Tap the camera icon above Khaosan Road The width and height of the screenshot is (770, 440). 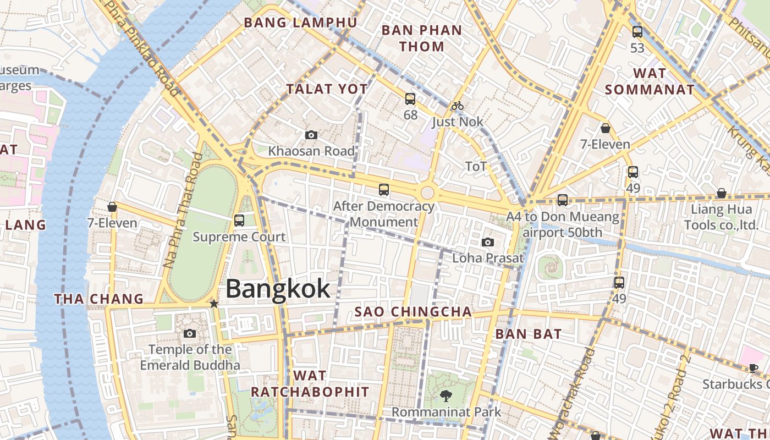click(311, 135)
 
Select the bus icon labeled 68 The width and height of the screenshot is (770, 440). click(410, 99)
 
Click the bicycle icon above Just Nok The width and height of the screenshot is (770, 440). click(458, 106)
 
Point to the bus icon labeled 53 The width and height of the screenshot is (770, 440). click(637, 32)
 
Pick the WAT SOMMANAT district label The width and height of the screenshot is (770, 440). click(650, 81)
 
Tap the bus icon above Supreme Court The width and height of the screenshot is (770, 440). click(239, 221)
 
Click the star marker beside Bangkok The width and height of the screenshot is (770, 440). click(214, 304)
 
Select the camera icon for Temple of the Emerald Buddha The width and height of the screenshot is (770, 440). click(190, 333)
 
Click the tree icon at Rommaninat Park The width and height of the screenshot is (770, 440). click(446, 395)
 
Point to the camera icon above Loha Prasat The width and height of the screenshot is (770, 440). click(488, 242)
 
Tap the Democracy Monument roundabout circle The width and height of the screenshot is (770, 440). click(427, 193)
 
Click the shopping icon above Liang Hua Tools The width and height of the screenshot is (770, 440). click(722, 193)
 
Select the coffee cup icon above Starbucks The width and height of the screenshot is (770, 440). click(754, 368)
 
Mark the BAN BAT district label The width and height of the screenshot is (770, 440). click(528, 334)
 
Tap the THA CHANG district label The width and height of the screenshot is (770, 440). click(99, 299)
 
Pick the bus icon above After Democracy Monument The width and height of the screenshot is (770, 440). click(384, 190)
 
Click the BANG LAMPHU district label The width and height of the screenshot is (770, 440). click(300, 23)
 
